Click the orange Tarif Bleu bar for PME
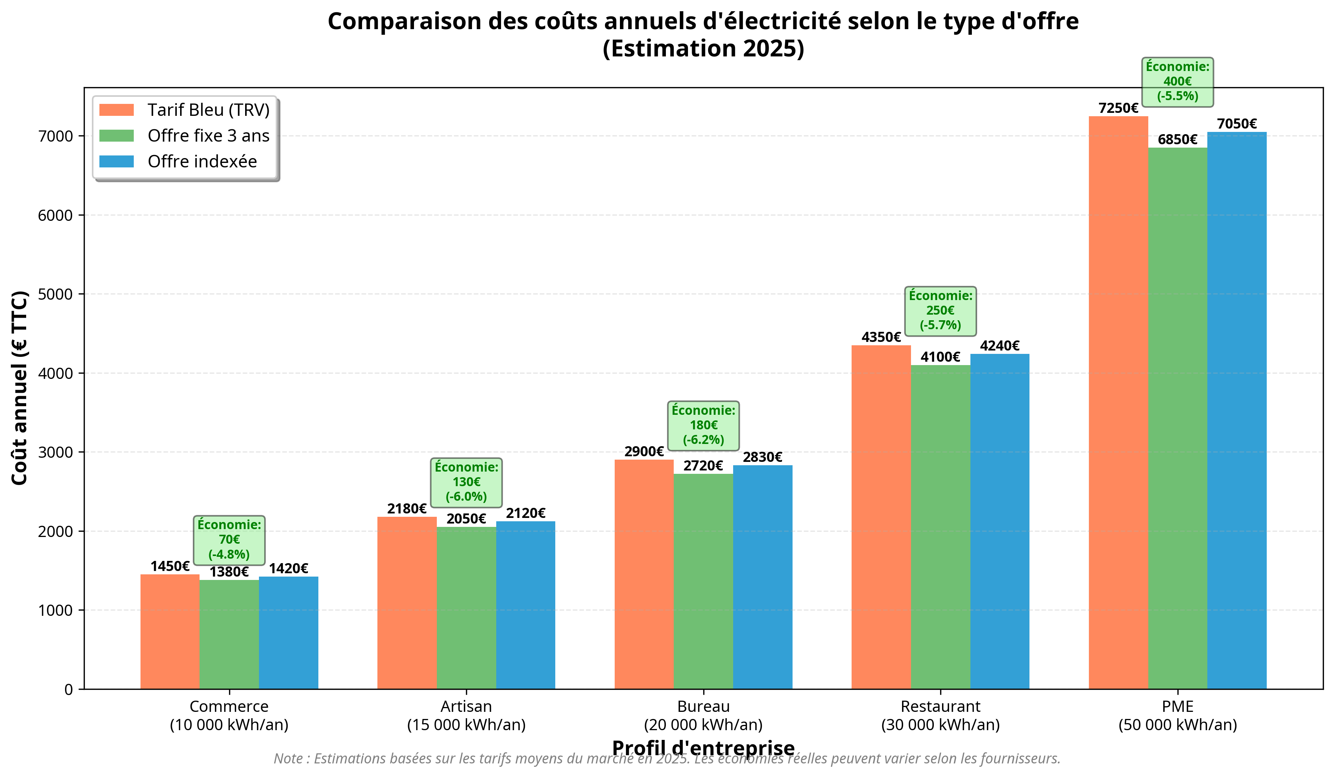1118,402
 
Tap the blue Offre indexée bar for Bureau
762,577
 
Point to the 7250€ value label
1118,108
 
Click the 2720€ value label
703,466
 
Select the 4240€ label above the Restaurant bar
1000,346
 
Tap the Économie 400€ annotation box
1177,81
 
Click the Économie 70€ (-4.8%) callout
229,540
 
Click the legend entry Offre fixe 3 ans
208,136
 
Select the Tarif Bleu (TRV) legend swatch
117,110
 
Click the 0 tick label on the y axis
69,689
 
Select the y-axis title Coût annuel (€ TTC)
19,388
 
